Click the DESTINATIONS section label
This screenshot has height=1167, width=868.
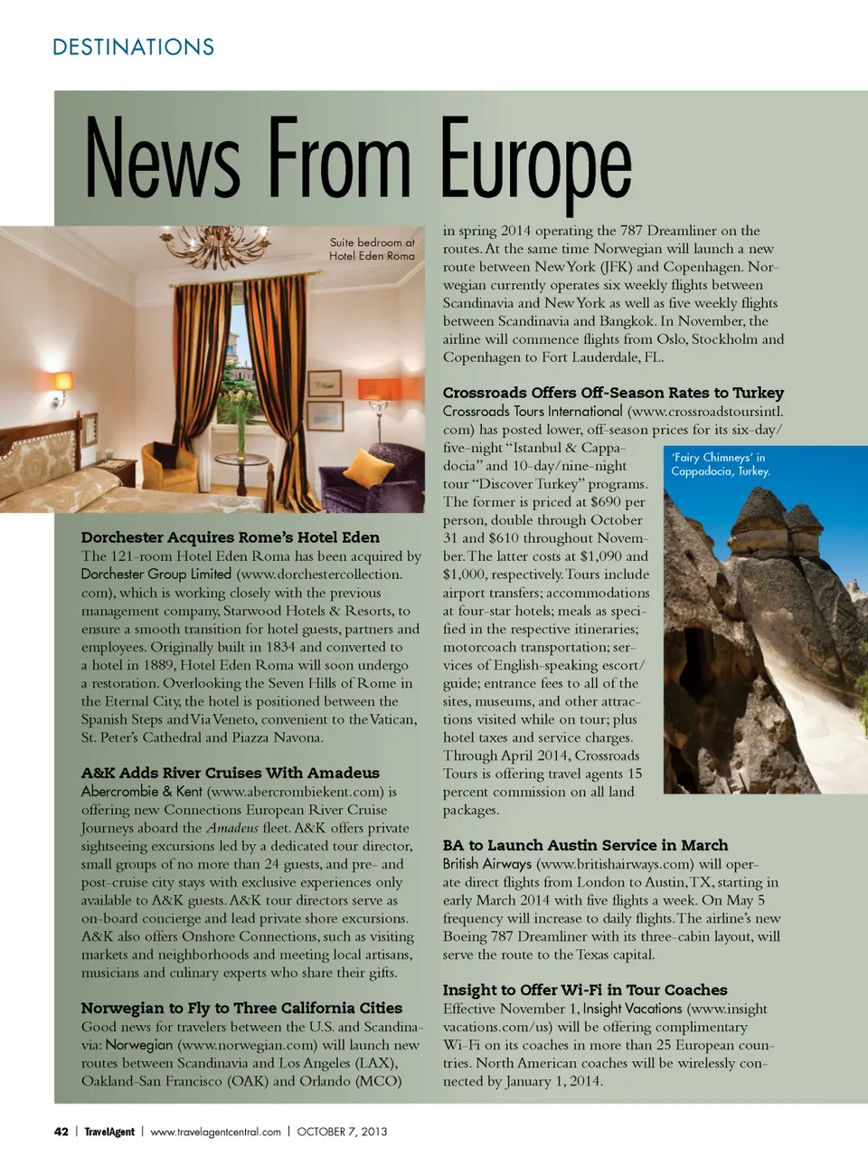coord(134,47)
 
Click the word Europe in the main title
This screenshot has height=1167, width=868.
coord(535,163)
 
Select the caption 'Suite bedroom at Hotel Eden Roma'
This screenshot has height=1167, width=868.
coord(372,249)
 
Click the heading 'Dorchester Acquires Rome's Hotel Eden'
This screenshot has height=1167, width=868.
coord(230,537)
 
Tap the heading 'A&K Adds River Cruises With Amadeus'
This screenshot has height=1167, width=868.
coord(230,773)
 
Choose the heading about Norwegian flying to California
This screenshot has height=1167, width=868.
coord(241,1008)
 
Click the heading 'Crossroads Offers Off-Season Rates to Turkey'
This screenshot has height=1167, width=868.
coord(613,393)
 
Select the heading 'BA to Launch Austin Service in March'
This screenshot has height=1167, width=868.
coord(585,845)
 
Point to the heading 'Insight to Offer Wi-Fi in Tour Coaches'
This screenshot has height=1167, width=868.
coord(585,990)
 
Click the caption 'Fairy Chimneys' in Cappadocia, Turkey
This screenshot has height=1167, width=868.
coord(720,464)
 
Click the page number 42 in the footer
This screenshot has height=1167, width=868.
coord(61,1132)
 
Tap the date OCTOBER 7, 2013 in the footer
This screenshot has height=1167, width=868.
coord(342,1132)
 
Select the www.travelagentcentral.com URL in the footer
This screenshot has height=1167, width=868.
coord(215,1132)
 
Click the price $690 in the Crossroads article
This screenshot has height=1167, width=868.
coord(606,502)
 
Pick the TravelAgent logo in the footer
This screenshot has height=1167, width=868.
coord(109,1132)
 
